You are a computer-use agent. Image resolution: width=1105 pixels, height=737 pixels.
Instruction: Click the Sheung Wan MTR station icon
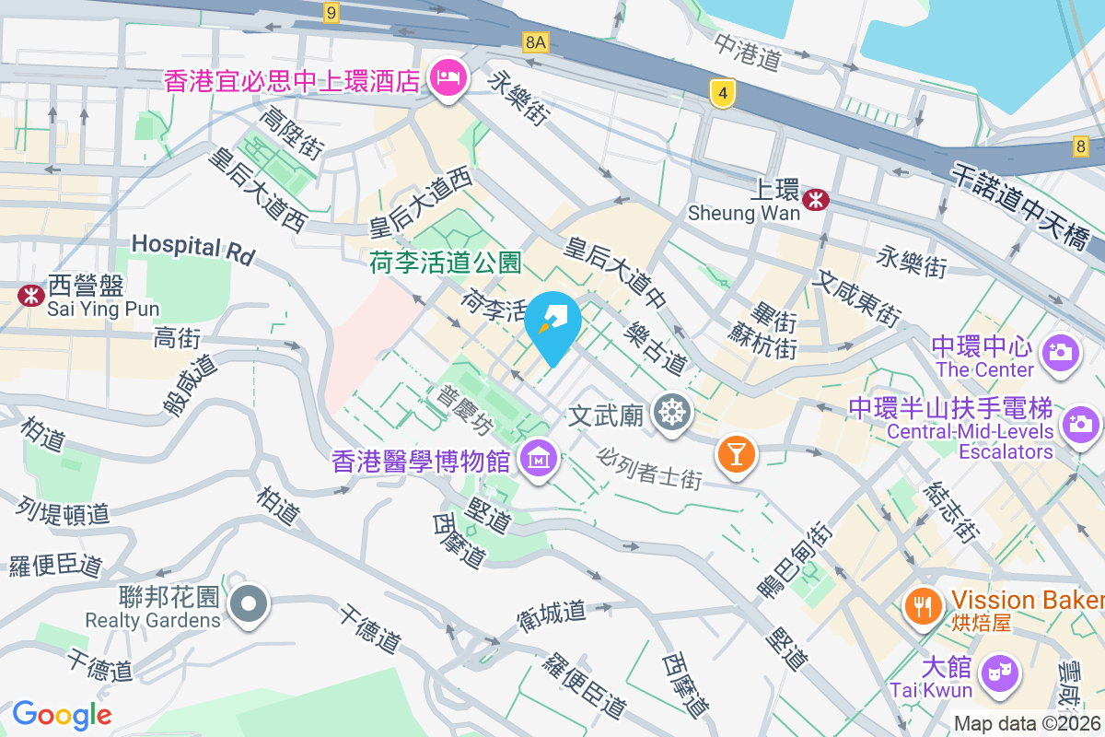[x=815, y=199]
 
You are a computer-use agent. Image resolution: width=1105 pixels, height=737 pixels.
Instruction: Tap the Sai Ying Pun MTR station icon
[x=30, y=295]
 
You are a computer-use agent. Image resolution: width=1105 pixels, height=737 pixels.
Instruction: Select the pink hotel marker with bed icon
[x=448, y=78]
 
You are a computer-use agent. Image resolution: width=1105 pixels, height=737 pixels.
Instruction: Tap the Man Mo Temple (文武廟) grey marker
[x=671, y=412]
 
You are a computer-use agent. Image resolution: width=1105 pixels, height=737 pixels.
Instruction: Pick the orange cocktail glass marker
[x=736, y=453]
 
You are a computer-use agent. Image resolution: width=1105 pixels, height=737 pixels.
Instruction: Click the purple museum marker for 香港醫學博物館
[x=536, y=456]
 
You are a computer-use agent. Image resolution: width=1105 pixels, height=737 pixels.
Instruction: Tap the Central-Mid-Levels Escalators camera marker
[x=1079, y=425]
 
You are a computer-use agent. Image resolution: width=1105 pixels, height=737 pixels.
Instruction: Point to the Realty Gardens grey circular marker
[x=248, y=605]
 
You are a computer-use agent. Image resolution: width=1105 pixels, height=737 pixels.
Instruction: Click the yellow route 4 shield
[x=724, y=92]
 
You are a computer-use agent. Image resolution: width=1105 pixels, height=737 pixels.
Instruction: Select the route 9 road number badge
[x=332, y=12]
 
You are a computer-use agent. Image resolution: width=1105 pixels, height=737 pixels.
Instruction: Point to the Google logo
[x=62, y=714]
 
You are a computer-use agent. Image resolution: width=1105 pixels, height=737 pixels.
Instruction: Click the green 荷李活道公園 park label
[x=446, y=263]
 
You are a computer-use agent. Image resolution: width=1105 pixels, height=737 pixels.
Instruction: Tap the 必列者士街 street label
[x=650, y=468]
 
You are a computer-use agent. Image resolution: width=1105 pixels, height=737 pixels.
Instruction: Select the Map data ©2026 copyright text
[x=1027, y=724]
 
